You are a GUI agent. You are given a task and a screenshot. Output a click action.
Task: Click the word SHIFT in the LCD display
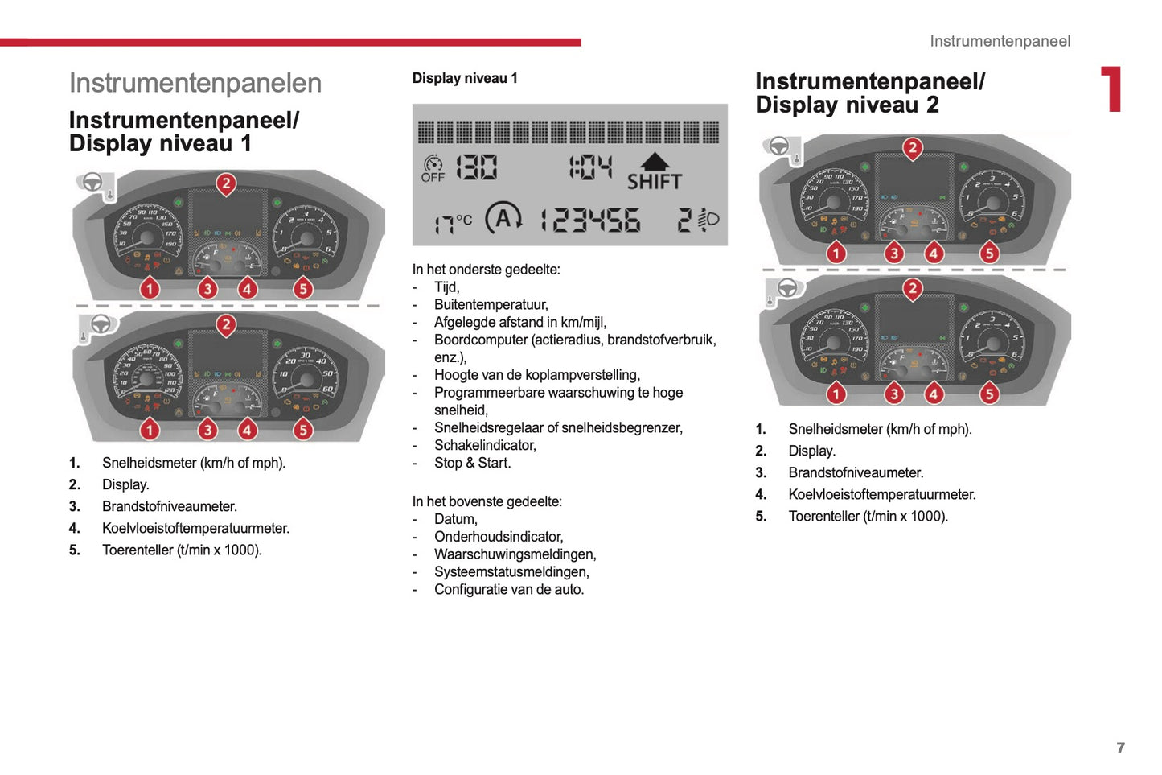click(654, 182)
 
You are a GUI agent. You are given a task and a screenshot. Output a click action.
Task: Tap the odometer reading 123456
click(590, 220)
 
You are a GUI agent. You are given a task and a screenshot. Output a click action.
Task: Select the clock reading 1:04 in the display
click(590, 167)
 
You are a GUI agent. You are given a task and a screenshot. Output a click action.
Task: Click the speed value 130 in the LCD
click(476, 167)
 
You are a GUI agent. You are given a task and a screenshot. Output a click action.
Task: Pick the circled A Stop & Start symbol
click(503, 218)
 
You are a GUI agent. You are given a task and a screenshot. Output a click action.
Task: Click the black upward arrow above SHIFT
click(655, 161)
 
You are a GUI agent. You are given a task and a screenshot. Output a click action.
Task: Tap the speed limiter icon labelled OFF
click(433, 168)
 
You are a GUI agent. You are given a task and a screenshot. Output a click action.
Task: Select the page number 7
click(1120, 748)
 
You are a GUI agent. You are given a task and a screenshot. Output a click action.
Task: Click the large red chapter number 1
click(1111, 89)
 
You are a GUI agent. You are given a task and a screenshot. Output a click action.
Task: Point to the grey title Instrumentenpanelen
click(195, 83)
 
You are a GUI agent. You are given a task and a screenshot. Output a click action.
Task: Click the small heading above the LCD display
click(465, 78)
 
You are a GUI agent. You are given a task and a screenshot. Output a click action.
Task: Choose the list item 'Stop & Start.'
click(472, 463)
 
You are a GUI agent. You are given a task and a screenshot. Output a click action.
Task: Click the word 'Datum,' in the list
click(455, 519)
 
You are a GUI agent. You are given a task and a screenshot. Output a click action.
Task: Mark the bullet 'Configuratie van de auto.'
click(509, 589)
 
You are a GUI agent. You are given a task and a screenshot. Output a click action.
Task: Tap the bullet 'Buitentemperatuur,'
click(491, 304)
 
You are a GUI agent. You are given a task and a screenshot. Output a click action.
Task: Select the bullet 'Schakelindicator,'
click(485, 445)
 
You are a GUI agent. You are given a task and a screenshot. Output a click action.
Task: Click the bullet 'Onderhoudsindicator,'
click(499, 537)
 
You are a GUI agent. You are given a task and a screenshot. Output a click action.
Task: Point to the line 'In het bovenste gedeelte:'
click(487, 501)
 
